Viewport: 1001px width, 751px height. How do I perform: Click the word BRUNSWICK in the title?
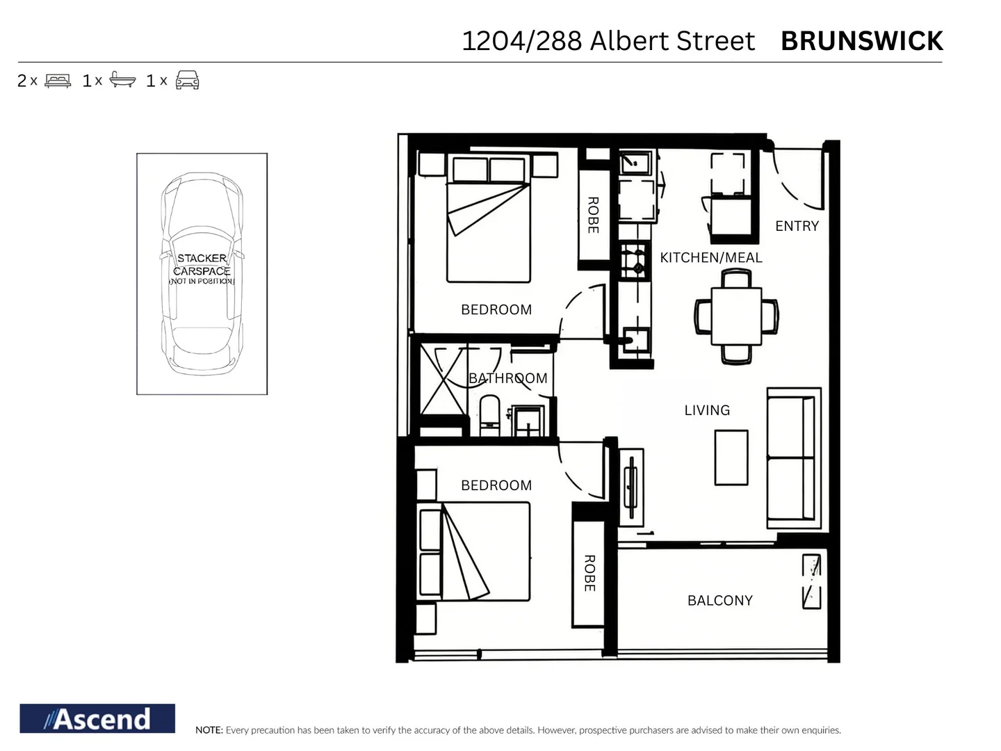[x=861, y=41]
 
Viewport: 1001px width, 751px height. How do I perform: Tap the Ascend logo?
[x=97, y=718]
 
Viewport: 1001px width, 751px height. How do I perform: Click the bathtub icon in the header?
[x=122, y=80]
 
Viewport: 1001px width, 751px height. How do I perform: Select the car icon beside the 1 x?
[x=187, y=80]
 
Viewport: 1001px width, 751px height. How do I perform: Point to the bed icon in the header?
[x=58, y=81]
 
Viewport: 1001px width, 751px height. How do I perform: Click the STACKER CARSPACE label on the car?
[x=202, y=265]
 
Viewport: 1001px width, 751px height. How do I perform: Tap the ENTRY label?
[x=797, y=226]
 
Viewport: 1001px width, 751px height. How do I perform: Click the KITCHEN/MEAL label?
[x=710, y=257]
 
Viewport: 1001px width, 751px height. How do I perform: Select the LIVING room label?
[x=707, y=410]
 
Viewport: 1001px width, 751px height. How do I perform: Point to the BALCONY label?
[x=719, y=600]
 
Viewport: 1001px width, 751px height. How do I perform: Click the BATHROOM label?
[x=507, y=378]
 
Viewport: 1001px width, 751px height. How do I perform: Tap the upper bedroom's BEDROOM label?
[x=496, y=309]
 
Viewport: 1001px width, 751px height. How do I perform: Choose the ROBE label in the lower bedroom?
[x=589, y=573]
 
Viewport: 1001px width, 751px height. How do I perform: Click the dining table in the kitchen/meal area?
[x=736, y=316]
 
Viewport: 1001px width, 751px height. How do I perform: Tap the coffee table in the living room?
[x=731, y=457]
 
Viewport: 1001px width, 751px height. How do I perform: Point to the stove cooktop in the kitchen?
[x=633, y=261]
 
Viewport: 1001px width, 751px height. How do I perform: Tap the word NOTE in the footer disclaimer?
[x=209, y=730]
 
